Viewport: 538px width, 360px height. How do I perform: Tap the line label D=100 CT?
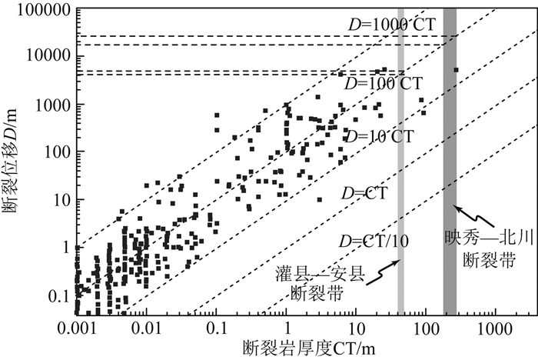click(x=381, y=82)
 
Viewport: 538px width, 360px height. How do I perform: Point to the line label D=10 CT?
click(x=378, y=137)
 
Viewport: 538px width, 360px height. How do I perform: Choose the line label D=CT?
click(x=365, y=189)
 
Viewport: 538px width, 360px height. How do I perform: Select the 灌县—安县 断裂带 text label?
click(x=317, y=282)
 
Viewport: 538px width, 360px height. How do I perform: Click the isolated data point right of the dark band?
click(x=456, y=70)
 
